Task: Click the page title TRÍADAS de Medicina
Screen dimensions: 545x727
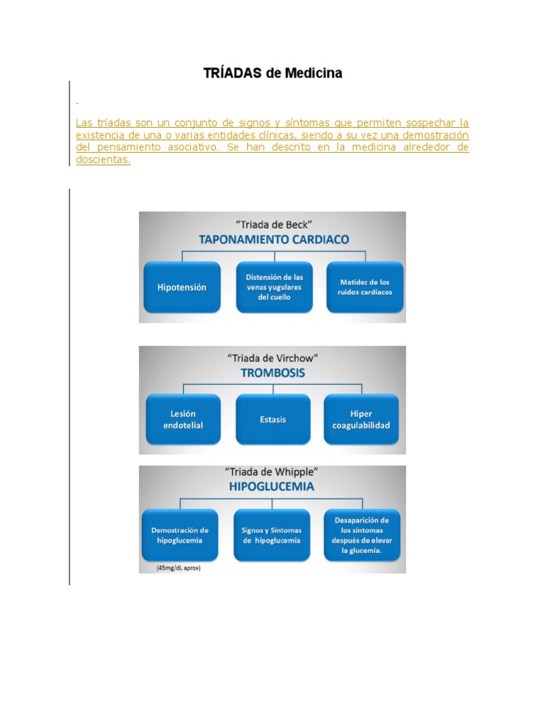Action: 272,73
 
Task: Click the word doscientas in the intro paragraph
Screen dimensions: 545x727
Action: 104,160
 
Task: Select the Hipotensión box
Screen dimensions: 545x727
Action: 182,288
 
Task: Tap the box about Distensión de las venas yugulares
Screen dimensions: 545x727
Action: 273,288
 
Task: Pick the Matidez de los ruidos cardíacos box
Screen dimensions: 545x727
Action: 365,287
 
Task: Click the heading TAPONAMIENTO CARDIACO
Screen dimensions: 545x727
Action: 273,239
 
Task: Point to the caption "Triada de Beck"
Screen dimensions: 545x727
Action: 273,224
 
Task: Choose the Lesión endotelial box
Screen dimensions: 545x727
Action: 183,420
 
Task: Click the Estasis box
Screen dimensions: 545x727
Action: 273,420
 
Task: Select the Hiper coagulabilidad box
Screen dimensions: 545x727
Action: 361,420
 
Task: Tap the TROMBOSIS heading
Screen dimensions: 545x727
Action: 273,373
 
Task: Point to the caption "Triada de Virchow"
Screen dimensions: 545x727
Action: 273,358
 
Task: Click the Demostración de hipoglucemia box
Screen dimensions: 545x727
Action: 180,535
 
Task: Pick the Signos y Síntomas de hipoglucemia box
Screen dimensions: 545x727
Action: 272,535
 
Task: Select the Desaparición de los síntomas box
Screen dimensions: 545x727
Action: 362,535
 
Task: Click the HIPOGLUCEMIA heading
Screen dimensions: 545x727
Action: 272,487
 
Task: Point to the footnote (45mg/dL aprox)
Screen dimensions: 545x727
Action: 178,568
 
